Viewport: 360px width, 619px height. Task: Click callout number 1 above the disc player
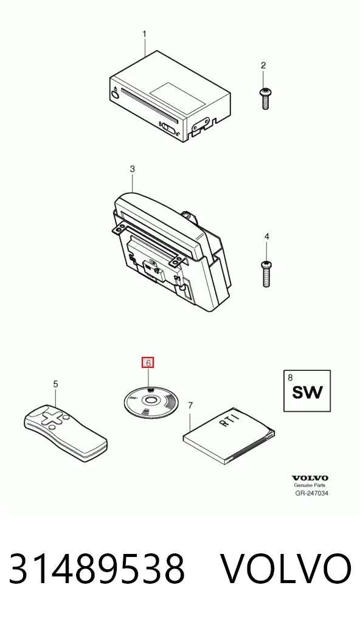pos(145,34)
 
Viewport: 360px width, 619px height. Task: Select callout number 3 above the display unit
pos(132,169)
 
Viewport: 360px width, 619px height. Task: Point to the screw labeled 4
pos(266,273)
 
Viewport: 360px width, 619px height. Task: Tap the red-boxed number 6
pos(148,362)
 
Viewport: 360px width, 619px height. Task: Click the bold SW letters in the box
pos(307,392)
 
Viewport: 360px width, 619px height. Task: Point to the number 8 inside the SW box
pos(290,378)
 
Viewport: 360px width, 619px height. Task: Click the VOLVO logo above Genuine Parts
pos(310,478)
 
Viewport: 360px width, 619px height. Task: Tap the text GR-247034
pos(312,493)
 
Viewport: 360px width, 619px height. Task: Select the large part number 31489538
pos(97,569)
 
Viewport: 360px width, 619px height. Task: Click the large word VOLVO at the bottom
pos(285,569)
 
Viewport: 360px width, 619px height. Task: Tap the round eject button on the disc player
pos(116,95)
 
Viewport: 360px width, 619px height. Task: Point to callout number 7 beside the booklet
pos(191,406)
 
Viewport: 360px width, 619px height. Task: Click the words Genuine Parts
pos(310,486)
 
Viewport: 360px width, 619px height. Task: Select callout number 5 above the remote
pos(56,384)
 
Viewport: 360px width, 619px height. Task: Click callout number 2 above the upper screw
pos(264,66)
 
